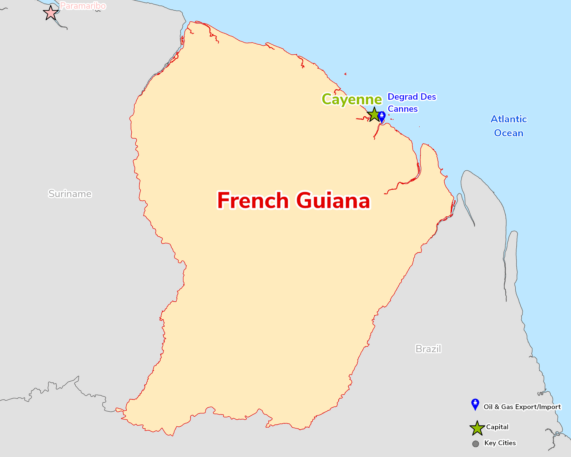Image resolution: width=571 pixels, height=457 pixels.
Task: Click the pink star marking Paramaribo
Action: click(51, 13)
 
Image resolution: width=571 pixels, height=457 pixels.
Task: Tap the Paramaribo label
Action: click(83, 6)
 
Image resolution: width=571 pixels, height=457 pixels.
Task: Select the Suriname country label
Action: click(70, 194)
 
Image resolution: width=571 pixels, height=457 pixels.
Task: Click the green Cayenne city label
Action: click(352, 99)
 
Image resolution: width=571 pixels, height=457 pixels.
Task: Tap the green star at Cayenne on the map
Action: click(374, 115)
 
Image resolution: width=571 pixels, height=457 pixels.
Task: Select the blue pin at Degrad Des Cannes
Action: click(382, 116)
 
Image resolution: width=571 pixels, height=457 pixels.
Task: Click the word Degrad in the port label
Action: click(403, 97)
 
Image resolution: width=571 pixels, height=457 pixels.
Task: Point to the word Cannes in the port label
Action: click(403, 109)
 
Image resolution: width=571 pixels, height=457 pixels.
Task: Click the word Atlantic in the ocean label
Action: click(509, 119)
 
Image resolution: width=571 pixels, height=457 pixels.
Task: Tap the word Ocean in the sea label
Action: click(509, 133)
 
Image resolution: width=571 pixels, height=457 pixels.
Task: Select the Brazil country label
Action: click(428, 348)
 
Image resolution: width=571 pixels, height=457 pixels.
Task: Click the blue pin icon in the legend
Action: click(475, 404)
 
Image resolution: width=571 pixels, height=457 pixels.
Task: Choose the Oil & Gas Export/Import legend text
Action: click(522, 407)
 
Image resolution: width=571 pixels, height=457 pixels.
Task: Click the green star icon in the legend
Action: click(477, 428)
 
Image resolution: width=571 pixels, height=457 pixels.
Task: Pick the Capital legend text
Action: click(497, 427)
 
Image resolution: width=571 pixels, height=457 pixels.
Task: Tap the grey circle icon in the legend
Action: click(475, 444)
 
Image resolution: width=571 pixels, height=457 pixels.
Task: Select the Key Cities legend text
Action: click(500, 443)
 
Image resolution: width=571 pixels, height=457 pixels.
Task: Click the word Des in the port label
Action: click(428, 97)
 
